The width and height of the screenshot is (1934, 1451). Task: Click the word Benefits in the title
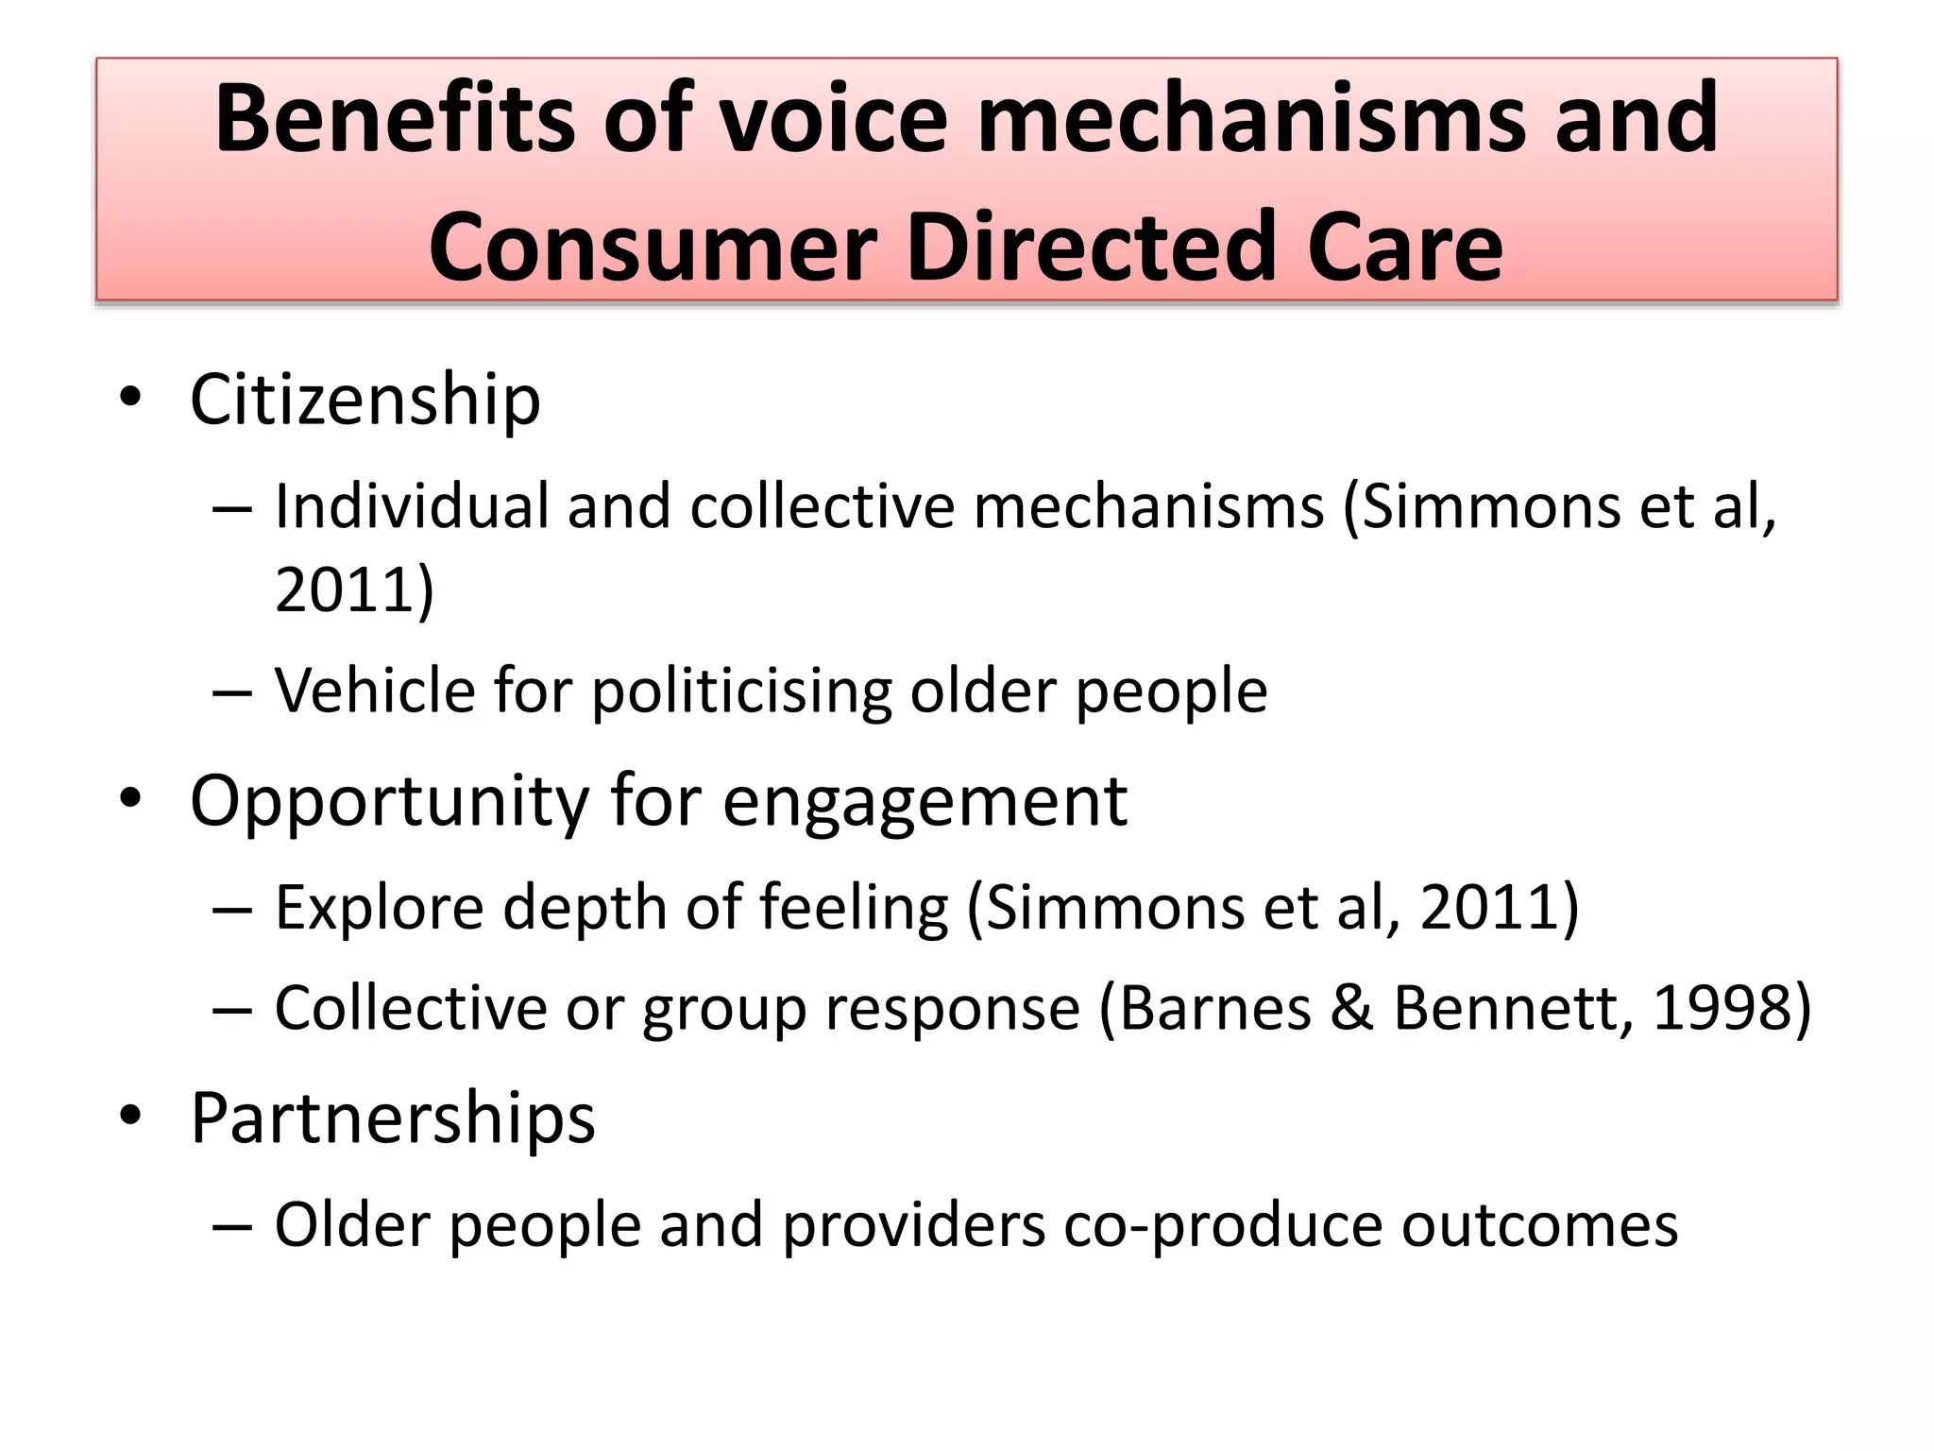pos(394,119)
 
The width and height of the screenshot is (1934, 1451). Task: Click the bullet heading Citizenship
pos(365,401)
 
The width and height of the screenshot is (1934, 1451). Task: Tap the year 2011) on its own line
pos(354,589)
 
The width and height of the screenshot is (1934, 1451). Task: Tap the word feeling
pos(854,908)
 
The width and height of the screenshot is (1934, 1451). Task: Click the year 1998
pos(1719,1008)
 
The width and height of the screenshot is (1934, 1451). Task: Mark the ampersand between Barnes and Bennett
pos(1352,1008)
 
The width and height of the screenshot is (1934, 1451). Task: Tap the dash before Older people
pos(232,1226)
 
